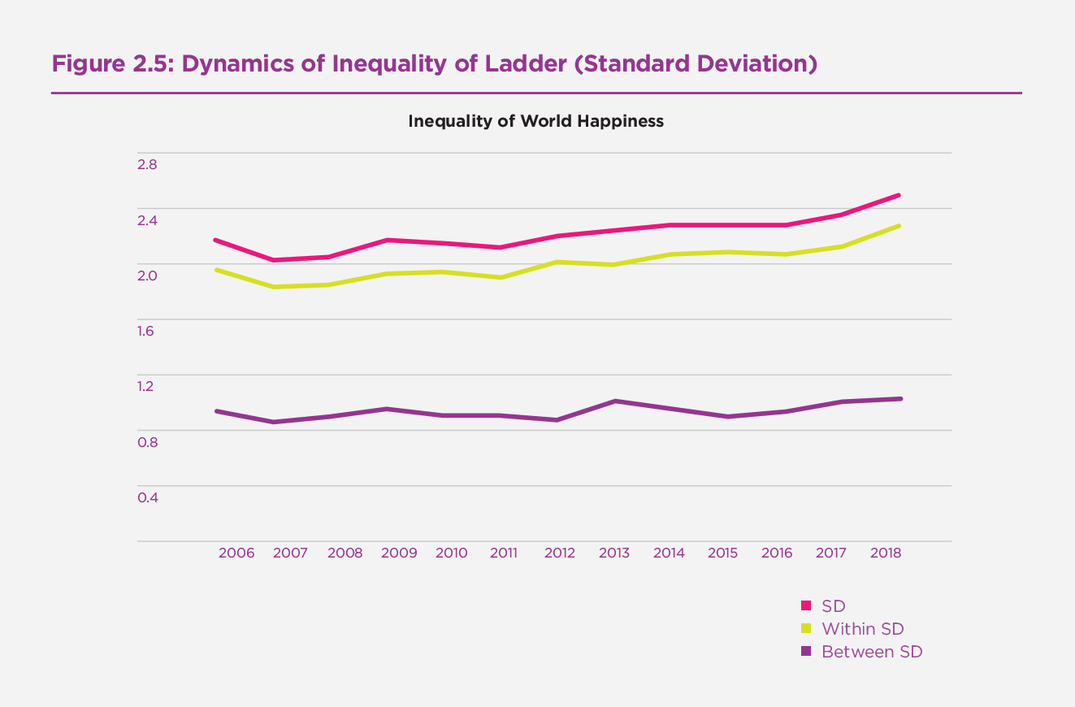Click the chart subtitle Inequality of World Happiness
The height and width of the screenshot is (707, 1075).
535,121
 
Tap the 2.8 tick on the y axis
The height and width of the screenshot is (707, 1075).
147,164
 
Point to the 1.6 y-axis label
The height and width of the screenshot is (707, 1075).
147,331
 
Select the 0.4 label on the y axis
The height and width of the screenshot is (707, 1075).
147,497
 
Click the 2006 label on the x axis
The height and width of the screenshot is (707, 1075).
236,553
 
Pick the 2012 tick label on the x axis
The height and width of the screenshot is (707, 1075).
560,553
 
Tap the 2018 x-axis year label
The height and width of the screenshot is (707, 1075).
885,553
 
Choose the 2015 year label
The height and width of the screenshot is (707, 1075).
722,553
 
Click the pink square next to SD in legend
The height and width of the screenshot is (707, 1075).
806,605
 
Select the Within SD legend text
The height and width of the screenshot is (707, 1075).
862,629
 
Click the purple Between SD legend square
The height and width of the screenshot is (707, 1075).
806,652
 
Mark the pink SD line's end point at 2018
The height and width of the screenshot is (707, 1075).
899,195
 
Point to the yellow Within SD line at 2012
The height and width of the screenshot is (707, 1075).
560,262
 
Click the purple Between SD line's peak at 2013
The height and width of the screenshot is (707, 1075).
615,401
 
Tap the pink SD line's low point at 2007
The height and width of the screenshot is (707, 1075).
274,260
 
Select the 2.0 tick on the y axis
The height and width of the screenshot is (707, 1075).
147,275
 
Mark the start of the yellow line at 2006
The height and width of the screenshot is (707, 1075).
215,269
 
